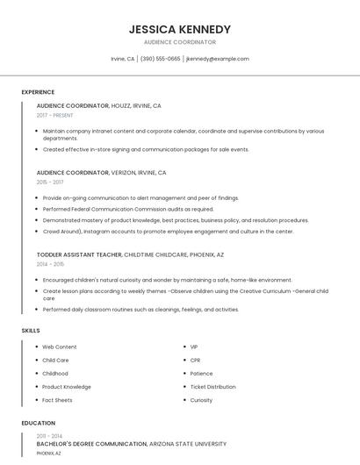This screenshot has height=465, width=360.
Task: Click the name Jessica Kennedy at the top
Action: pyautogui.click(x=180, y=29)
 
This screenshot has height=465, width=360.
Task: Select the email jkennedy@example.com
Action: pyautogui.click(x=218, y=59)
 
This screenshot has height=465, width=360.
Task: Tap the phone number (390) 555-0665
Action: pyautogui.click(x=161, y=59)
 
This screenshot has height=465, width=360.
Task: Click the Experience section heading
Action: pyautogui.click(x=38, y=92)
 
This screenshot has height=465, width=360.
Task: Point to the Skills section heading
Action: pyautogui.click(x=31, y=331)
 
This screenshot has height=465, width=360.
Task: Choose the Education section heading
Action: pyautogui.click(x=39, y=424)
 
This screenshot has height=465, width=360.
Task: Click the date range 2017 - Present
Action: pyautogui.click(x=55, y=115)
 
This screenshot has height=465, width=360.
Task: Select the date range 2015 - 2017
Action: pyautogui.click(x=50, y=182)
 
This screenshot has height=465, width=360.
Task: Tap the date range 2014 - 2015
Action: pyautogui.click(x=50, y=264)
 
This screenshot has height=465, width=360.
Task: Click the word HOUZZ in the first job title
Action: pyautogui.click(x=121, y=105)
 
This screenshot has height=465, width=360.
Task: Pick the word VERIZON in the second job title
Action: pyautogui.click(x=125, y=173)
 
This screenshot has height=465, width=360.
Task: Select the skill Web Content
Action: pyautogui.click(x=60, y=347)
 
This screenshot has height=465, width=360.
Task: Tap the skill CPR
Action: pyautogui.click(x=195, y=361)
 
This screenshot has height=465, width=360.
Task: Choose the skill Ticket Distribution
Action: pyautogui.click(x=212, y=387)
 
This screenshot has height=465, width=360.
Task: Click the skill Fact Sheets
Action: pyautogui.click(x=57, y=400)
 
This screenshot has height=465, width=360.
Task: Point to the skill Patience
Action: pyautogui.click(x=201, y=374)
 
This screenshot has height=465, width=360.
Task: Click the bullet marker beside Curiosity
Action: pyautogui.click(x=184, y=400)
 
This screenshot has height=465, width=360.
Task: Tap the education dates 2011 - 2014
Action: pyautogui.click(x=49, y=436)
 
